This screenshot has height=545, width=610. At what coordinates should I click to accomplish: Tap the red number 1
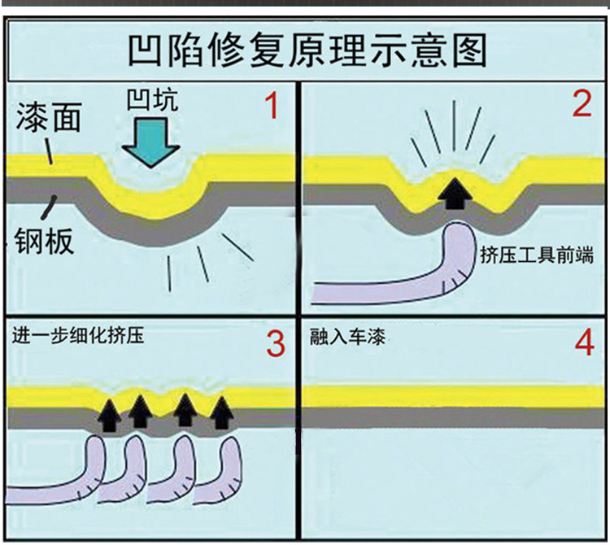point(272,107)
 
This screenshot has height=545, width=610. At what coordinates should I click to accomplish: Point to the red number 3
point(276,344)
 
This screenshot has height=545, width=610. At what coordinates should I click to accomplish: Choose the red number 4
point(584,344)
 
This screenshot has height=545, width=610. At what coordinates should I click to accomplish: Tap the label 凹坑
point(152,100)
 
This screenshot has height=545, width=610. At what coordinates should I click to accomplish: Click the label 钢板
point(46,241)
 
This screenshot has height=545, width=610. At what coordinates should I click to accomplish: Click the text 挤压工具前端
point(537,255)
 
